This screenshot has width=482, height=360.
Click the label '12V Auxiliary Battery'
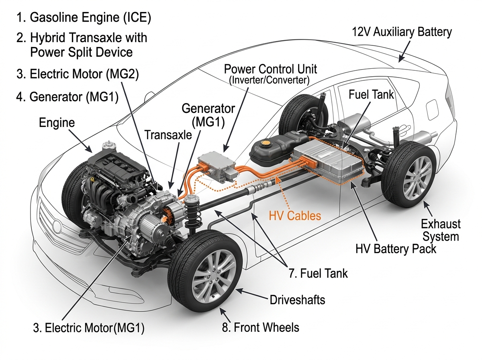point(402,32)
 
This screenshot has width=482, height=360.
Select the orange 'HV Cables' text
point(294,216)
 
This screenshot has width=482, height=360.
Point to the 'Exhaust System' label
point(441,230)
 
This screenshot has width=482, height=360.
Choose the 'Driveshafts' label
point(297,300)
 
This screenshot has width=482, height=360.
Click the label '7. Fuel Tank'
point(318,274)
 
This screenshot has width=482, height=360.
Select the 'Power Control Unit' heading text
point(270,69)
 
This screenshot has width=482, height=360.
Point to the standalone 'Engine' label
point(57,123)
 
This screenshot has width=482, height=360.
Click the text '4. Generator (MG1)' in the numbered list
point(67,98)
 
